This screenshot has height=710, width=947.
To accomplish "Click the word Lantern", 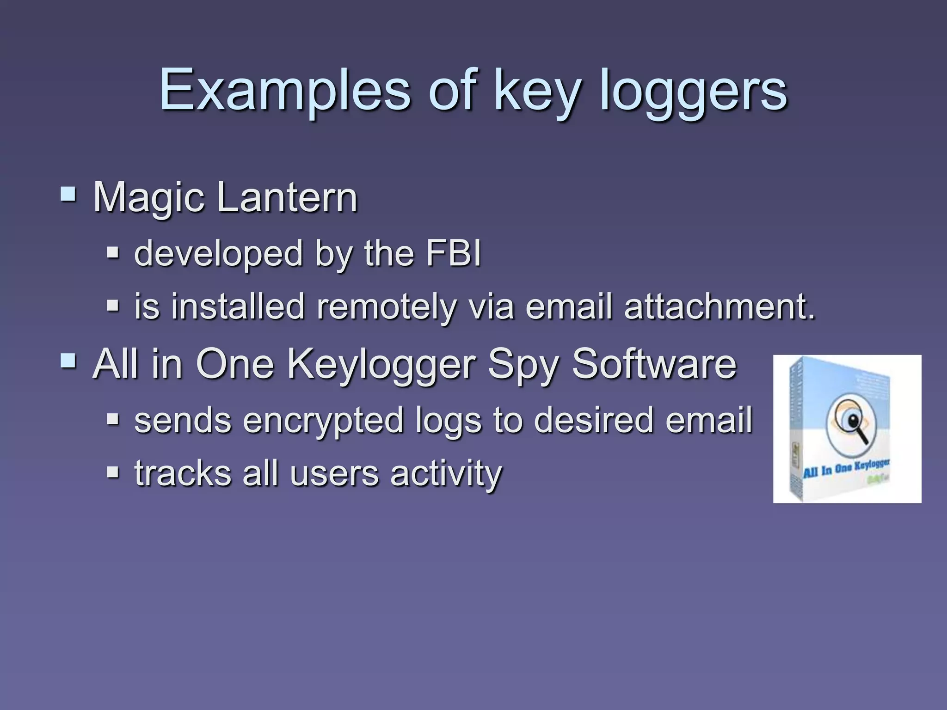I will click(x=287, y=197).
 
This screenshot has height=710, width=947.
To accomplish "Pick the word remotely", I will click(x=386, y=307).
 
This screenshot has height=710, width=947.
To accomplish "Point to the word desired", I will click(x=594, y=420).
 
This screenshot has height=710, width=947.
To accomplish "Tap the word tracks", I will click(x=183, y=473).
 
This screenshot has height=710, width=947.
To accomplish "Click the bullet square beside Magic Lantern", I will click(x=68, y=194).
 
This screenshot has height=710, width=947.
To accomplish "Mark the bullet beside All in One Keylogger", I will click(x=68, y=361).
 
